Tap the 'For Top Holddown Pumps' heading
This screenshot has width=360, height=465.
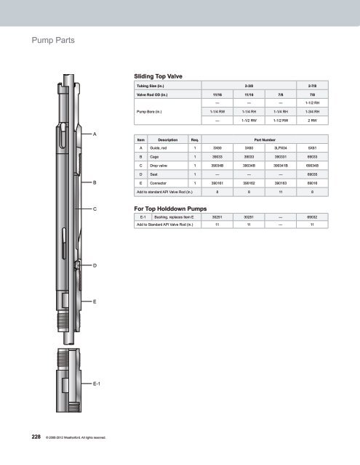click(171, 207)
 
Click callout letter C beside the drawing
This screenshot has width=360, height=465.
click(95, 208)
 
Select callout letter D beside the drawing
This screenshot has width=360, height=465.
click(95, 266)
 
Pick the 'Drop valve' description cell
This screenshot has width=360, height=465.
click(158, 166)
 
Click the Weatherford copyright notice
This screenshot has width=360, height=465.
click(76, 438)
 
